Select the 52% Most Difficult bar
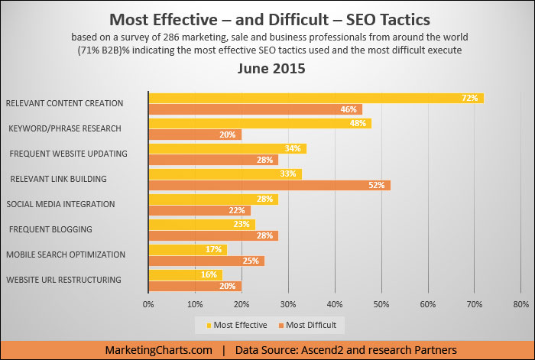(x=269, y=185)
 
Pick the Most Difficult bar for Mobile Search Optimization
(x=206, y=261)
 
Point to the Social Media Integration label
(x=60, y=204)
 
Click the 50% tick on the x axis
(x=381, y=303)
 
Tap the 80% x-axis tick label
(x=521, y=303)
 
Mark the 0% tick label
(x=149, y=303)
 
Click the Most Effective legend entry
(x=237, y=325)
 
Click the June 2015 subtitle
(x=267, y=69)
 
